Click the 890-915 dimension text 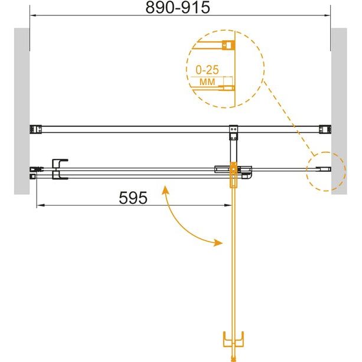pos(178,8)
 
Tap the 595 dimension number pos(133,198)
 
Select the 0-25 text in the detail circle pos(207,70)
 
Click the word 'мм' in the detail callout pos(207,81)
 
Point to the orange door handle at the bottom pos(233,339)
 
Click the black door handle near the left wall pos(59,169)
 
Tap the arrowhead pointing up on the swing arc pos(165,190)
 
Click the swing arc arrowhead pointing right pos(218,243)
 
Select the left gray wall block pos(22,111)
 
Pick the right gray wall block pos(339,111)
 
